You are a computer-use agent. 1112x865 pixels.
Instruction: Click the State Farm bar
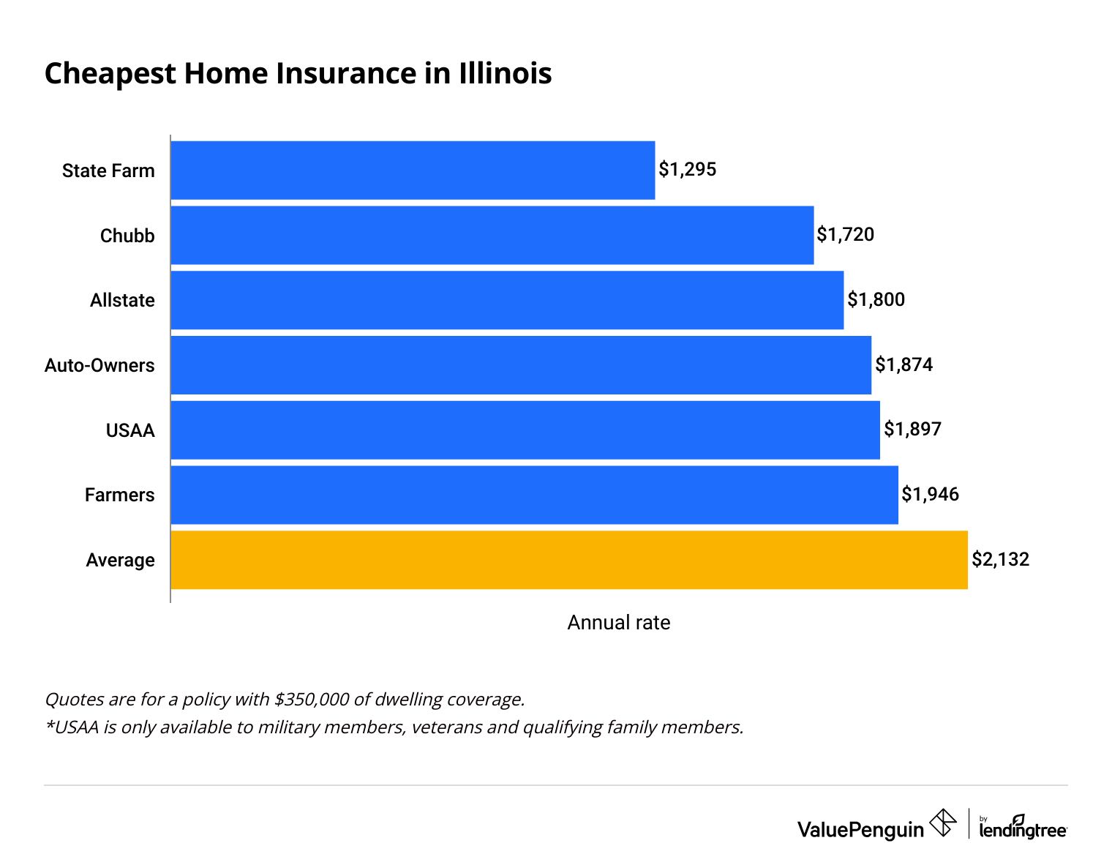coord(413,170)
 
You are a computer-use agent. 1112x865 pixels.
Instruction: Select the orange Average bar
coord(569,560)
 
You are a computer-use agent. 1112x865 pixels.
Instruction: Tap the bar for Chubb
coord(492,235)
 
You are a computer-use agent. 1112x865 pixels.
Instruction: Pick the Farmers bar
coord(534,495)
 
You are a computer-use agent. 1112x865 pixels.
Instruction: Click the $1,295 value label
coord(687,170)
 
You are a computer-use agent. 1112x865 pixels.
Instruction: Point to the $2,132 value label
coord(1000,560)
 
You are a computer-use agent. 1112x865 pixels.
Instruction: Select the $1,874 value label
coord(904,364)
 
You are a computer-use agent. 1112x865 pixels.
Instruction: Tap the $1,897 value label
coord(912,429)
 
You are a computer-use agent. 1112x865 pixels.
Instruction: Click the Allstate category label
coord(122,301)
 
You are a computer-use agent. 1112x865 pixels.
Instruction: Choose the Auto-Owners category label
coord(99,365)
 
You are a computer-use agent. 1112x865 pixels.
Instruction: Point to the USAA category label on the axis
coord(130,430)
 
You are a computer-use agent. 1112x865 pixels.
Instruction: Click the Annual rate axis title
coord(619,623)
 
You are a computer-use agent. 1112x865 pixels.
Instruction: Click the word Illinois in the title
coord(505,74)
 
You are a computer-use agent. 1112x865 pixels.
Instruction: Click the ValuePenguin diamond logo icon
coord(942,823)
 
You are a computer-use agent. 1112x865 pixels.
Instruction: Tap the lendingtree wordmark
coord(1023,830)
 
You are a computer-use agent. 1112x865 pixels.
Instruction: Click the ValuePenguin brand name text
coord(860,830)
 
